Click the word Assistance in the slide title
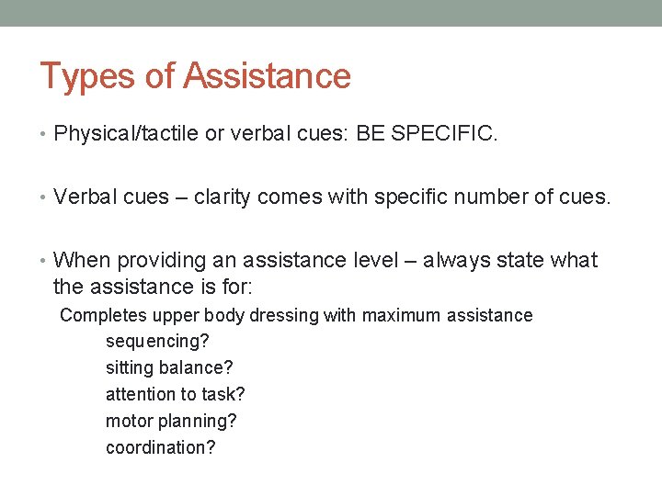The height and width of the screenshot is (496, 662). click(267, 75)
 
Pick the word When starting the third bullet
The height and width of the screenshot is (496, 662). click(81, 261)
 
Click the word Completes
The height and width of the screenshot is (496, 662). click(103, 316)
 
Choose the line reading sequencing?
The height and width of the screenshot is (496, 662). click(157, 342)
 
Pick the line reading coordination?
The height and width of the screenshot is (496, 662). click(161, 447)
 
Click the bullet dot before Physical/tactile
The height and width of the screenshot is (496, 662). click(45, 135)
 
